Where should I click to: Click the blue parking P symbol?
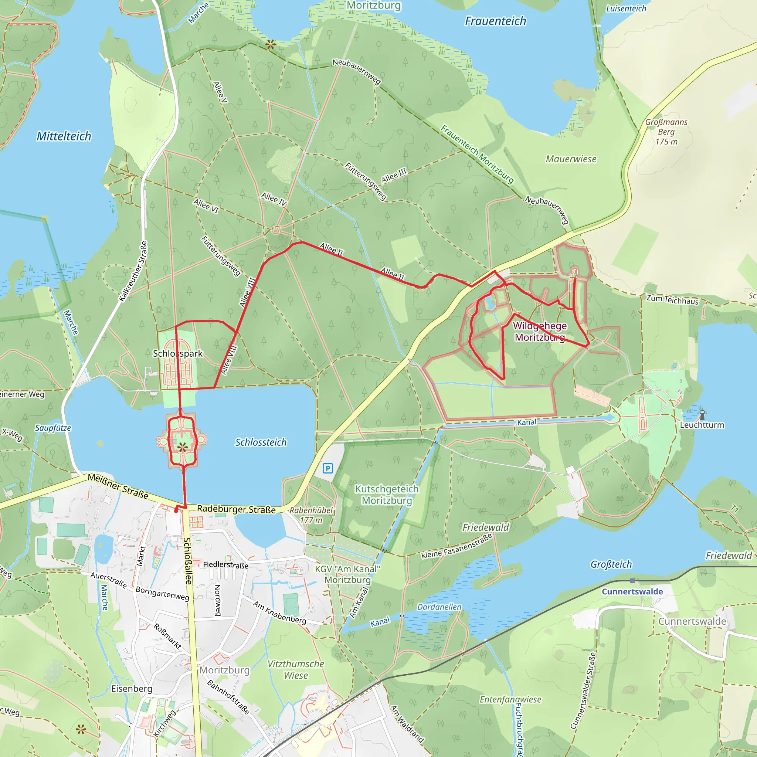(327, 468)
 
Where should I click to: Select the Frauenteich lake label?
(495, 21)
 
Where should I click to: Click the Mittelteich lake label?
(64, 136)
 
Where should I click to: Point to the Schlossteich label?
(261, 442)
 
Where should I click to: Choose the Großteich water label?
(611, 564)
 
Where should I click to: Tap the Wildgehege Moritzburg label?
(540, 332)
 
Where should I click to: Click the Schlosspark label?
(177, 353)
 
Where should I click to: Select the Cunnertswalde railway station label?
(632, 591)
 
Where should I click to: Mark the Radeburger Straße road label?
(236, 509)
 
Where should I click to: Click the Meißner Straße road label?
(118, 486)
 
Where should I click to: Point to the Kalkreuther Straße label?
(133, 271)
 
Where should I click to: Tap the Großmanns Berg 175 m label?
(666, 132)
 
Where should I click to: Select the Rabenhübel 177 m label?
(311, 515)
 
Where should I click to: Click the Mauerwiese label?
(571, 159)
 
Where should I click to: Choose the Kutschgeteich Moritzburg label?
(387, 495)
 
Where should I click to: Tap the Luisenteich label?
(626, 8)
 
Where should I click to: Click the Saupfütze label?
(53, 428)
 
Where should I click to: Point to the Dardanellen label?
(439, 607)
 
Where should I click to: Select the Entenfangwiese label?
(510, 699)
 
